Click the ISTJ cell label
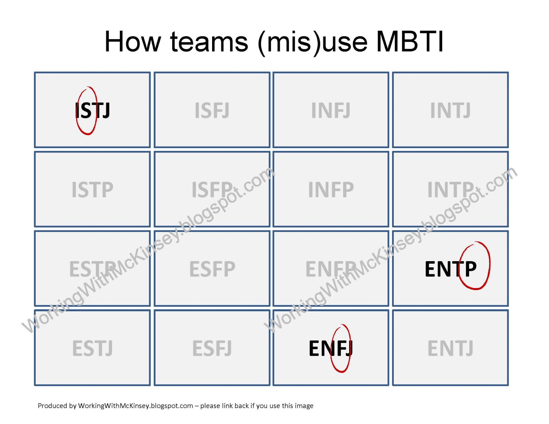click(x=93, y=111)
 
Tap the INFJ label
click(x=331, y=110)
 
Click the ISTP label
click(x=92, y=190)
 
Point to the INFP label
click(x=331, y=190)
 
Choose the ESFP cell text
click(x=212, y=269)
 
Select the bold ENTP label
click(x=451, y=269)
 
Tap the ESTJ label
click(x=92, y=349)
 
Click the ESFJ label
click(x=212, y=349)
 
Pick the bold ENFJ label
click(x=330, y=349)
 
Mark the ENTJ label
click(x=450, y=349)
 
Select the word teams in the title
click(x=209, y=42)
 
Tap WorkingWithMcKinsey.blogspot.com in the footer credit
click(x=136, y=406)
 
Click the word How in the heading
click(x=132, y=42)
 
